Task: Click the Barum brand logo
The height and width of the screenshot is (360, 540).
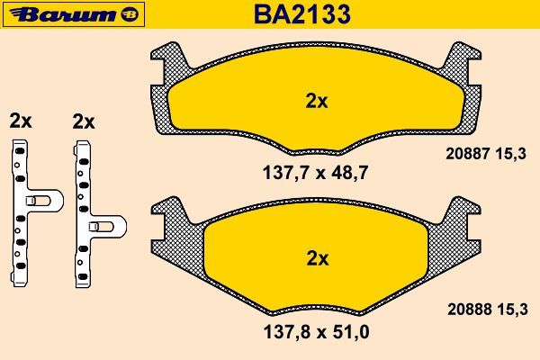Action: (x=74, y=14)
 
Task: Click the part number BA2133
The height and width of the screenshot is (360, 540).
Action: (x=302, y=14)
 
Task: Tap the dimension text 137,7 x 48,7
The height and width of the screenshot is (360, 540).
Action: (x=316, y=173)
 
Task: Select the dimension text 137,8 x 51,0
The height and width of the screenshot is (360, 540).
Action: (x=316, y=332)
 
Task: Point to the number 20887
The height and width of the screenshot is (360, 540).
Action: (x=468, y=153)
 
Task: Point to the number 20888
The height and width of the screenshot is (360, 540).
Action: (x=470, y=309)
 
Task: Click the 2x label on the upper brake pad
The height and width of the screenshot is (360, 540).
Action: (x=317, y=101)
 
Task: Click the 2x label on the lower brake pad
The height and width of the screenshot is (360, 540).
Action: (x=318, y=258)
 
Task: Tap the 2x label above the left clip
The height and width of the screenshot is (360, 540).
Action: (x=21, y=121)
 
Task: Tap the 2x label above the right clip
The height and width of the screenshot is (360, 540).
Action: (x=84, y=121)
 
